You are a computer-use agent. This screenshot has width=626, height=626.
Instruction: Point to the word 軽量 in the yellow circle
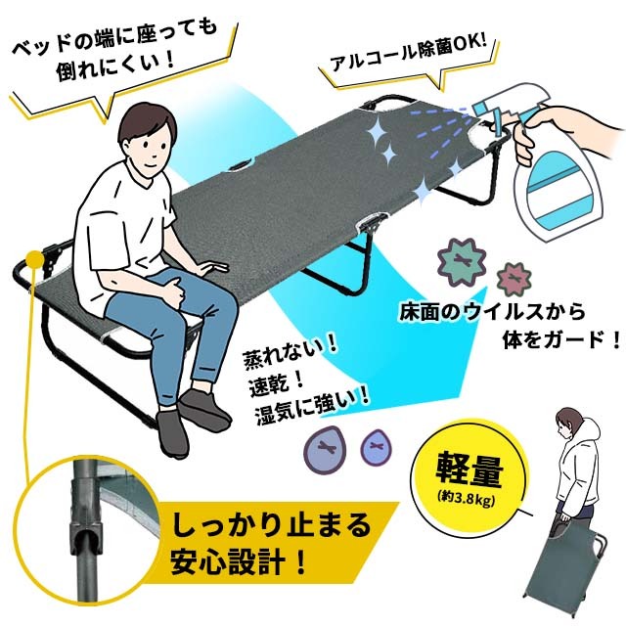[x=471, y=471]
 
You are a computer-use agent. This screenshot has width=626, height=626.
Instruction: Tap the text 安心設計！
[x=239, y=565]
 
